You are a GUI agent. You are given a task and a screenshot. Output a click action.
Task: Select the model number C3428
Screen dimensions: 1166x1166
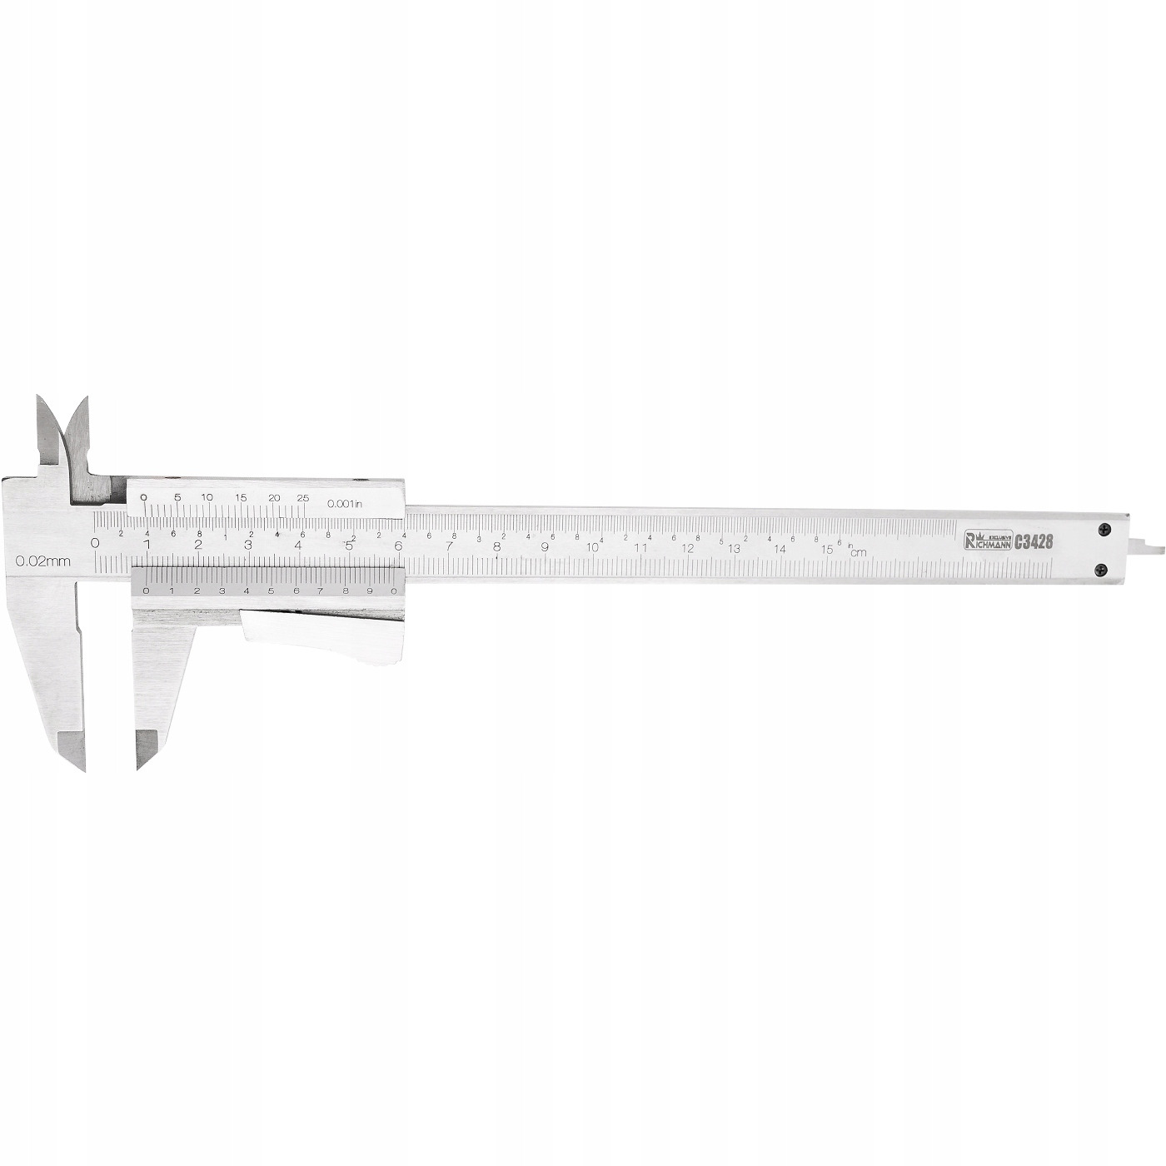[x=1034, y=541]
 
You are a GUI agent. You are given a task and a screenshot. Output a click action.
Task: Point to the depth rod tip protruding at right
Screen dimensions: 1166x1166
[x=1153, y=549]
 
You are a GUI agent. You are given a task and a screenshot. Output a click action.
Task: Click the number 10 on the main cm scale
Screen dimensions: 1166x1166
[x=592, y=547]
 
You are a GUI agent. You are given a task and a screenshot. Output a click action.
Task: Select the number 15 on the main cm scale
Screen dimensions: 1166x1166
[x=826, y=549]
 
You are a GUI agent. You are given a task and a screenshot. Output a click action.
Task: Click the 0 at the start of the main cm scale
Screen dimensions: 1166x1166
[x=95, y=543]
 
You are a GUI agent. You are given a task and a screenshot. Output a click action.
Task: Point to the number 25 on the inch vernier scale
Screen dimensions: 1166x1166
[x=302, y=498]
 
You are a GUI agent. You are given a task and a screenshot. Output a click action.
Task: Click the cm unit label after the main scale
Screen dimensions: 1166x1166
[x=858, y=552]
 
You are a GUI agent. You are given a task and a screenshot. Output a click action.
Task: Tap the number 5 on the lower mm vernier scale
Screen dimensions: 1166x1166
[x=270, y=590]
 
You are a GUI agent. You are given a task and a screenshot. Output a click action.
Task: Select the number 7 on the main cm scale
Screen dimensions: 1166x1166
[x=449, y=546]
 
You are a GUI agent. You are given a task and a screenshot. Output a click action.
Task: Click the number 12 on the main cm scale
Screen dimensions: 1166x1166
[x=687, y=548]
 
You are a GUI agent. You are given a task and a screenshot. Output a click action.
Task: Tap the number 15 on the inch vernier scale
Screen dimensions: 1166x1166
[x=241, y=498]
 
